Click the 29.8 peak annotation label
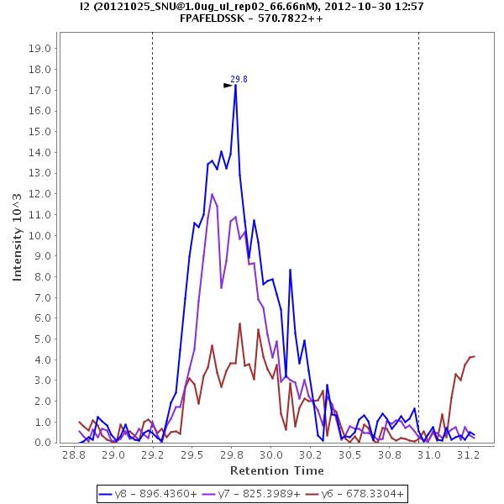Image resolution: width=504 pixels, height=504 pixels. [239, 79]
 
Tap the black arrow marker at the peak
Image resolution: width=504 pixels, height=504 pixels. [228, 85]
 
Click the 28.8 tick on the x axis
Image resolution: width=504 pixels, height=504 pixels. [74, 454]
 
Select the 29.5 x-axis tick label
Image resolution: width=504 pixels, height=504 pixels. [192, 454]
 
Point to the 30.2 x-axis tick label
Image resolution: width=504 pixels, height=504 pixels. [311, 454]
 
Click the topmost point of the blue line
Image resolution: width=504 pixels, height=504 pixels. [235, 85]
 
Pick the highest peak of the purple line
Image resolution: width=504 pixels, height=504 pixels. [213, 194]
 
